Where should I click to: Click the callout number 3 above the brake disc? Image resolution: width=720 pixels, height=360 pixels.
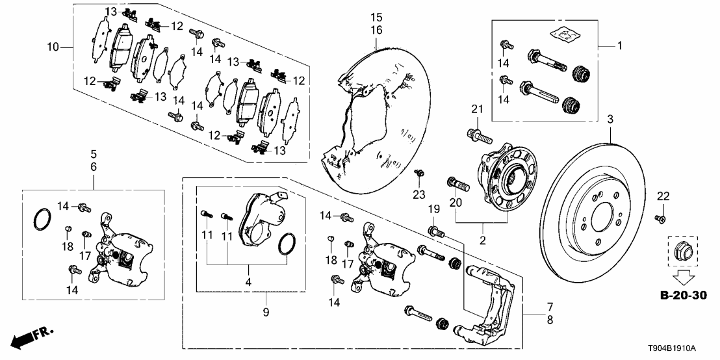pyautogui.click(x=610, y=119)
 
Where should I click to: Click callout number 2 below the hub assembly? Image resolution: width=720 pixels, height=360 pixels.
pyautogui.click(x=482, y=240)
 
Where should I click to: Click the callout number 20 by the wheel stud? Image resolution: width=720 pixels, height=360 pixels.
pyautogui.click(x=455, y=203)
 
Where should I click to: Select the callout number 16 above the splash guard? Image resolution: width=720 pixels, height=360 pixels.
pyautogui.click(x=378, y=30)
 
